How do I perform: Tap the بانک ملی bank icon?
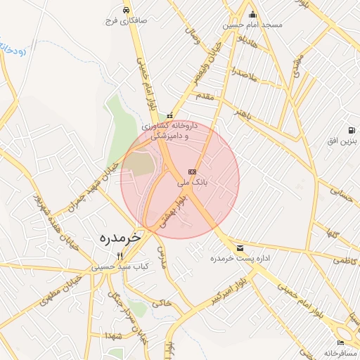pos(192,172)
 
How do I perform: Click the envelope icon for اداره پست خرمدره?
pos(240,248)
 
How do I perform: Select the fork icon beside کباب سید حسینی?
pos(120,257)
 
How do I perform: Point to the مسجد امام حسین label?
pos(252,25)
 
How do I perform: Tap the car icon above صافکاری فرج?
pos(124,11)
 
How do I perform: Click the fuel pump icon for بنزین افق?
pos(352,131)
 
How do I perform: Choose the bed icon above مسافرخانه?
pos(341,342)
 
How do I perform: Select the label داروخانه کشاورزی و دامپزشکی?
pos(169,131)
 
